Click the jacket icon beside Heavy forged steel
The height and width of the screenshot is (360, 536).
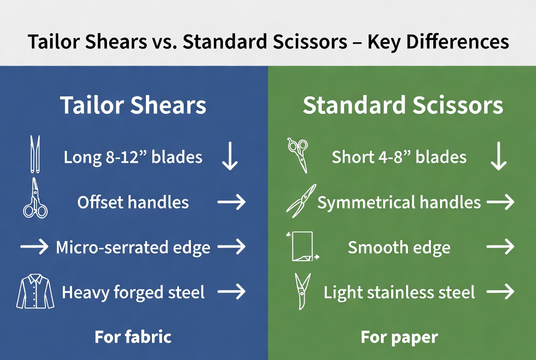[x=35, y=291]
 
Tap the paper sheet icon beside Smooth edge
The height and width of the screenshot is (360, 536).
[x=302, y=247]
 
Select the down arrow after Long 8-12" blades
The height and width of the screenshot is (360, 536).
[x=230, y=156]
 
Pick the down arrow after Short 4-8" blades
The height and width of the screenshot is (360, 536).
[x=499, y=156]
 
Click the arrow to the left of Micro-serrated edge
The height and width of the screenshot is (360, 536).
[x=34, y=247]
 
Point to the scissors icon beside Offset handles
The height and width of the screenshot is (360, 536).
[x=35, y=198]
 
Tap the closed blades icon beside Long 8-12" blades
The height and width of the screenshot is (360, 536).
[x=35, y=154]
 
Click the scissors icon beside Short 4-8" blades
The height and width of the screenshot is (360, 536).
[x=298, y=155]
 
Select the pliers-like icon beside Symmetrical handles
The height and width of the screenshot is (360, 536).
[x=301, y=201]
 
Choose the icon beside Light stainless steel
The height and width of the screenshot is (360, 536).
[x=302, y=291]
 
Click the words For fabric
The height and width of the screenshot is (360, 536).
[x=133, y=337]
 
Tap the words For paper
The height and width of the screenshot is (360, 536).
[x=399, y=337]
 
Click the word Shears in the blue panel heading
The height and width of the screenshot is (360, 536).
[x=168, y=105]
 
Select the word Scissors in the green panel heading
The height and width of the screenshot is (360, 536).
[x=458, y=105]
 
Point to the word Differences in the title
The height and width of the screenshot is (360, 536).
[x=458, y=42]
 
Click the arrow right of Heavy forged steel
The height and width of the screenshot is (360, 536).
[x=232, y=292]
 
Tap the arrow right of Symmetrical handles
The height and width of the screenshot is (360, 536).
[x=501, y=202]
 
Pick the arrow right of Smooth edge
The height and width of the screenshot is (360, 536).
[x=501, y=247]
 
